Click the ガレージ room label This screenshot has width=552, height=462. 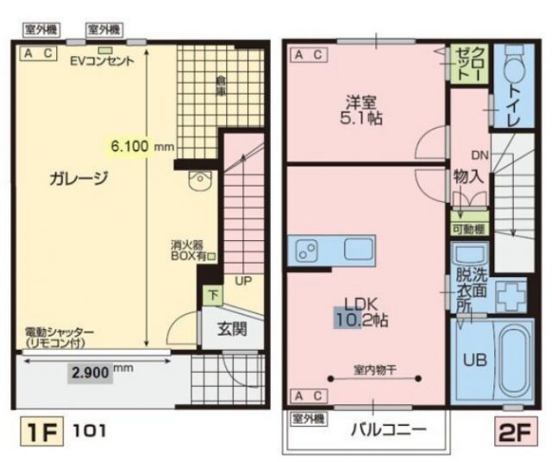coord(78,179)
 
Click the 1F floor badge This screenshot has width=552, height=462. coord(38,430)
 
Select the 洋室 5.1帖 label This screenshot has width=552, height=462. coord(361,108)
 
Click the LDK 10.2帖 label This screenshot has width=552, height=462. coord(361,312)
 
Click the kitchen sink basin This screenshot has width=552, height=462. coord(359,250)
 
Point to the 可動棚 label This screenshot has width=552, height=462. coord(469,230)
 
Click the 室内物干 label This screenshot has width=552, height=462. coord(374,370)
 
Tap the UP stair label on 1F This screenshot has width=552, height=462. coord(243,282)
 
